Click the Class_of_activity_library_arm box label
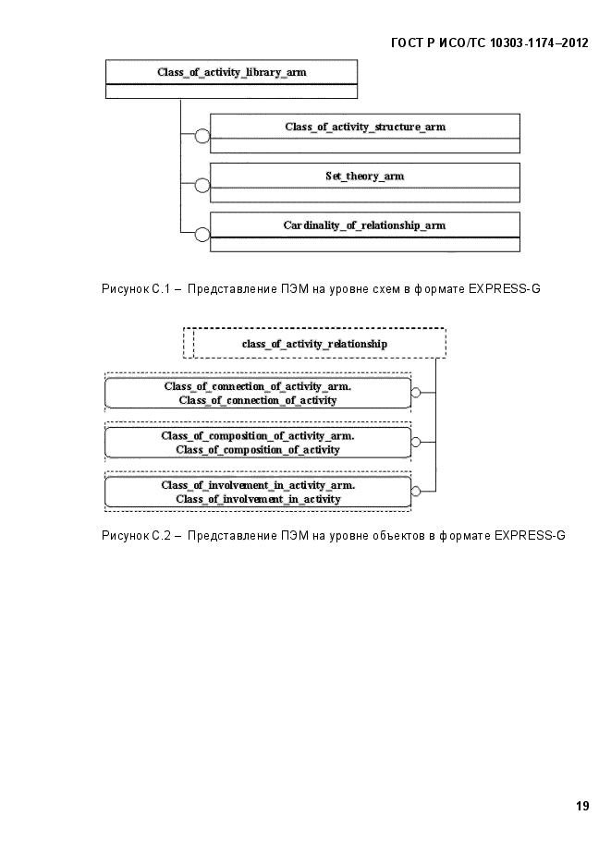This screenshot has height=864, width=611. click(x=231, y=72)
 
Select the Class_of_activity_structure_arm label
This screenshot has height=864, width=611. click(x=365, y=127)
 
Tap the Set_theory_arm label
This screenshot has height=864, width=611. click(x=365, y=176)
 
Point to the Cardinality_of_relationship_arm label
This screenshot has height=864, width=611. click(x=365, y=225)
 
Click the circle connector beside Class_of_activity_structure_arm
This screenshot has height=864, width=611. click(x=202, y=136)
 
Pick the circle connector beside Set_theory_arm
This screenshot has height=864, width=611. click(x=202, y=185)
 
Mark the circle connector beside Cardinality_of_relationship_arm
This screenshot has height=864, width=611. click(x=202, y=234)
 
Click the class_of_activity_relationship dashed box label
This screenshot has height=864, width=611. click(x=314, y=344)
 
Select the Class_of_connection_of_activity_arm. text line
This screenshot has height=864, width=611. click(x=258, y=386)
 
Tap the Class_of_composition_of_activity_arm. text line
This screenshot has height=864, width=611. click(x=258, y=436)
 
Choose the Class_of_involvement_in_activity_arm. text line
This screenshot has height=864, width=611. click(x=258, y=485)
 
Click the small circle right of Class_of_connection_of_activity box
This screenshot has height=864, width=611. click(x=416, y=393)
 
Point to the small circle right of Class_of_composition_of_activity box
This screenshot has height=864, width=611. click(x=416, y=442)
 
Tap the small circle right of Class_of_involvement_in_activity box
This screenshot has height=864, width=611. click(x=416, y=491)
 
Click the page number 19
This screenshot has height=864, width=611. click(x=582, y=806)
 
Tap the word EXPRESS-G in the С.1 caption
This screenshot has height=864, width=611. click(x=505, y=288)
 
